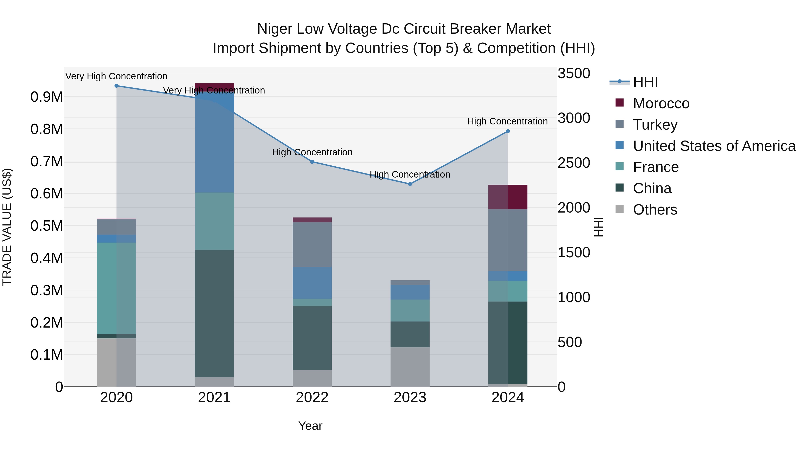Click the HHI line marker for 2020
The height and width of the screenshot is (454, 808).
116,86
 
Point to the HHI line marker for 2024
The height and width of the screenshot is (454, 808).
508,131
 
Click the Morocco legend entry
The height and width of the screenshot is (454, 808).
661,103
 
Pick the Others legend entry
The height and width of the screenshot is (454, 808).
655,210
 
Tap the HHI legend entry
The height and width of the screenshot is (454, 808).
645,82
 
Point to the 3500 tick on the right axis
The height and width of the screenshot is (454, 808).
574,74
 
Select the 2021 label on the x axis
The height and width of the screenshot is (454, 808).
214,398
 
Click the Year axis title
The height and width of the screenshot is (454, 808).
310,426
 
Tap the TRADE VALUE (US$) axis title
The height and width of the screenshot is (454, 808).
7,227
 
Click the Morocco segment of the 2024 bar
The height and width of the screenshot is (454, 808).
508,197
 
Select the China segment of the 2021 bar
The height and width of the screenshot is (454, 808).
214,313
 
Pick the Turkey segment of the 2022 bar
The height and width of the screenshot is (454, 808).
312,244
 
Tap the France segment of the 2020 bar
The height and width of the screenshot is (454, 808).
116,288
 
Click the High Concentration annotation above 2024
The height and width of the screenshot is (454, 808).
507,122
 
